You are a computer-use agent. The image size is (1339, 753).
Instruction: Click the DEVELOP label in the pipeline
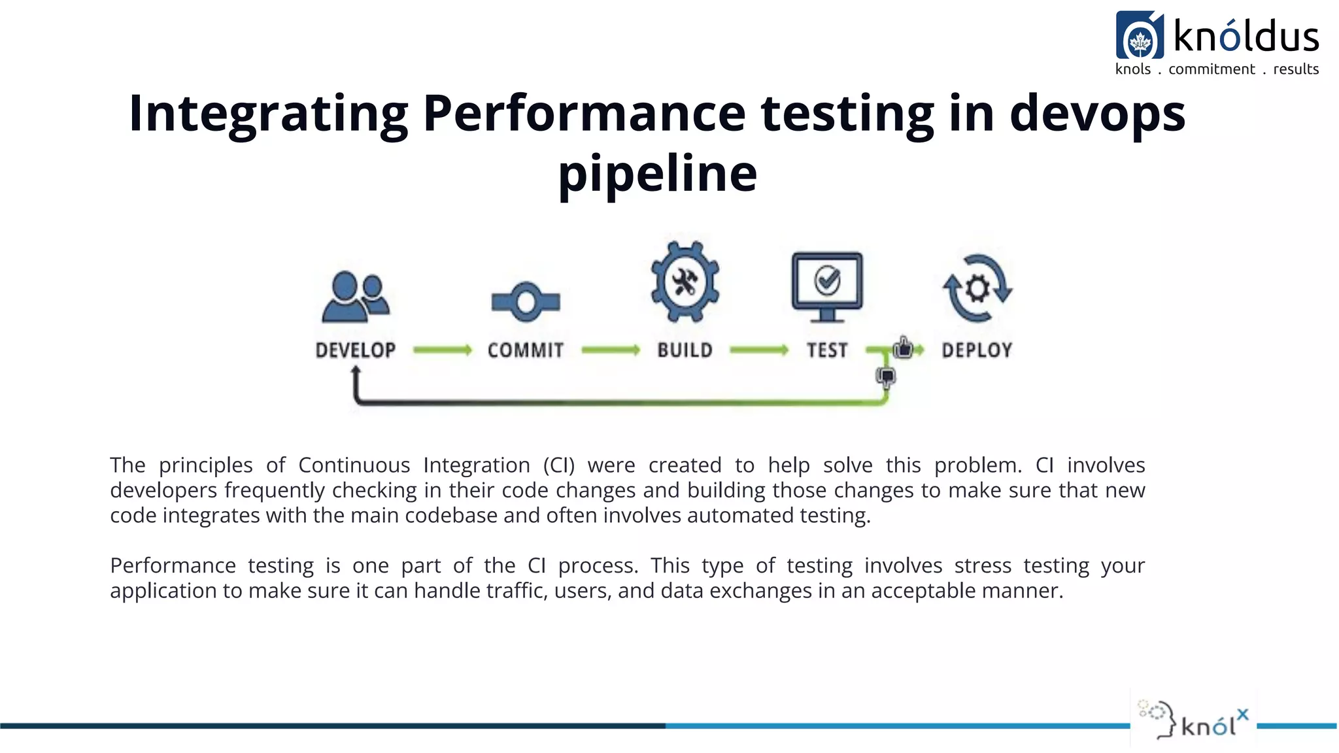coord(356,350)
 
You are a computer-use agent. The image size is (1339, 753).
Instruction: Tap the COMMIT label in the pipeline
coord(526,350)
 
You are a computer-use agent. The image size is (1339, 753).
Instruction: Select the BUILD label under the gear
coord(685,350)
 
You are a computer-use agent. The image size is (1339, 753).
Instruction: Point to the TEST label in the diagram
coord(827,350)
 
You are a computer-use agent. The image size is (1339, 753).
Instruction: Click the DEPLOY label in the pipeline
coord(977,350)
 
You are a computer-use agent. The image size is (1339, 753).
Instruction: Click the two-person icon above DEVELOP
coord(356,297)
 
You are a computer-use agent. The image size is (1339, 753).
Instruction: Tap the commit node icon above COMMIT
coord(526,302)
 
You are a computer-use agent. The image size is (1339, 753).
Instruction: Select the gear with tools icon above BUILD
coord(685,282)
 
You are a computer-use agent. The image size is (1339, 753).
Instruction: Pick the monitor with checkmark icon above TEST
coord(827,286)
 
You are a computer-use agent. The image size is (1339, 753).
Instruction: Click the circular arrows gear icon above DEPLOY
coord(977,288)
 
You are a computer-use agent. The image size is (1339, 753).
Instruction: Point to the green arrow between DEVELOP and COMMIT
coord(442,350)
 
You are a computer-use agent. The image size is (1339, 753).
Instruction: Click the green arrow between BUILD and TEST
coord(758,350)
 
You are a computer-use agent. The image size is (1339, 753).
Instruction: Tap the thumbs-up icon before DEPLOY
coord(904,348)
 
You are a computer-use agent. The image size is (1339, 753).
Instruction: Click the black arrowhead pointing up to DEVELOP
coord(356,371)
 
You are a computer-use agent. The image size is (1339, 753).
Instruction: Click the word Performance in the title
coord(584,113)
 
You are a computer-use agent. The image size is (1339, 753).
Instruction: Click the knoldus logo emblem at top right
coord(1140,35)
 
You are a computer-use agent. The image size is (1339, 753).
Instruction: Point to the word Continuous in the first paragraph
coord(354,465)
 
